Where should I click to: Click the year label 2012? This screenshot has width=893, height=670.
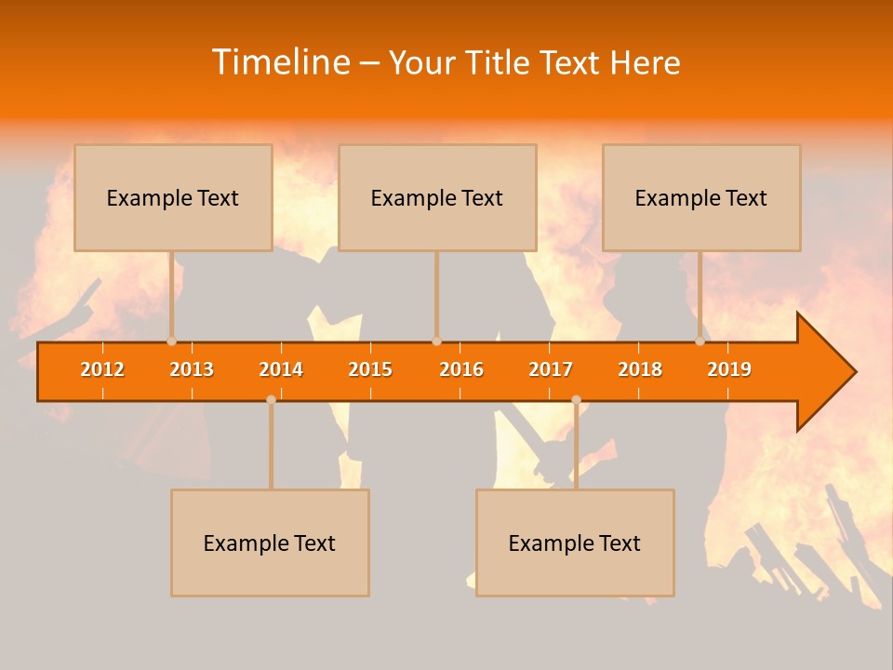coord(102,369)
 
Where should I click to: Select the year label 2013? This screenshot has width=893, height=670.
coord(192,369)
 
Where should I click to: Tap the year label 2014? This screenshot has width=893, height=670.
coord(281,369)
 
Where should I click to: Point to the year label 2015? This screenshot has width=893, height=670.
coord(370,369)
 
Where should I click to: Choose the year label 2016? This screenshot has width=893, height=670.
coord(461,369)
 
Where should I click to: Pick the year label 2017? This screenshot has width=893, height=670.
coord(551,369)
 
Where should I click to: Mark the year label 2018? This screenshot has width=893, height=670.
coord(640,369)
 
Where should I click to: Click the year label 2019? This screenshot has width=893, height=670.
coord(729,369)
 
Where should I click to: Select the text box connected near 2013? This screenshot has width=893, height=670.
coord(173,197)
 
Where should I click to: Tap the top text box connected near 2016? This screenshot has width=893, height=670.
coord(437,197)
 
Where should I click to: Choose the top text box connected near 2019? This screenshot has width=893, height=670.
coord(701,197)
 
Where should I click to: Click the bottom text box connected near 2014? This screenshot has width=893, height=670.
coord(270,543)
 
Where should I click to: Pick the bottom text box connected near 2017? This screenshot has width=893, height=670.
coord(575,543)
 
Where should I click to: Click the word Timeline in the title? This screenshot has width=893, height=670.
coord(280,62)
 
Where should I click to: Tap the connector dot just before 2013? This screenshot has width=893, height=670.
coord(171,341)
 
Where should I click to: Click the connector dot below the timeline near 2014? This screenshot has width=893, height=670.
coord(271,399)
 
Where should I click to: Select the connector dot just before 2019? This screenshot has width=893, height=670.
coord(700,341)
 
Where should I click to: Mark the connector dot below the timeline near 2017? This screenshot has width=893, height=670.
coord(576,399)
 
